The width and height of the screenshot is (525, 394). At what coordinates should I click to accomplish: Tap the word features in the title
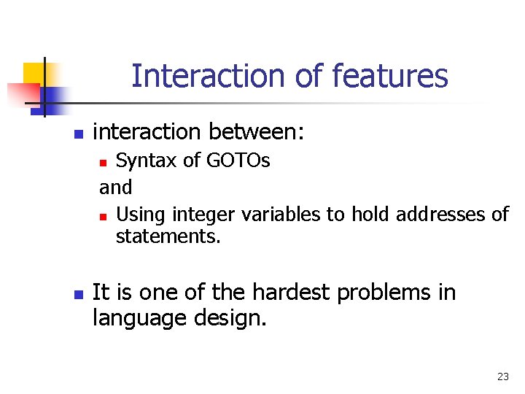click(x=390, y=75)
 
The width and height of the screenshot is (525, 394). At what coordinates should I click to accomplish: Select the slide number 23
click(x=503, y=376)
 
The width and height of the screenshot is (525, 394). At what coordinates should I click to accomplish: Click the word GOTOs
click(x=238, y=160)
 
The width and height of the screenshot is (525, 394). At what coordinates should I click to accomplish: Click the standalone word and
click(x=115, y=187)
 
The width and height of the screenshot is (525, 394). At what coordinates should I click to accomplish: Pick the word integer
click(x=203, y=215)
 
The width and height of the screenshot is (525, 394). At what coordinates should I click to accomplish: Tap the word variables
click(x=281, y=214)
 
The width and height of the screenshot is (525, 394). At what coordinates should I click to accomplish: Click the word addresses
click(x=440, y=214)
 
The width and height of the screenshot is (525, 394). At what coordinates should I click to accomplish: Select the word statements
click(x=168, y=236)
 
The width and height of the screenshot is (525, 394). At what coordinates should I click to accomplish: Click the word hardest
click(x=291, y=292)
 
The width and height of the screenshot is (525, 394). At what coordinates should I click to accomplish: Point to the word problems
click(x=384, y=293)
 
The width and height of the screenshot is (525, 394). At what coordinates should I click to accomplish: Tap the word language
click(x=139, y=319)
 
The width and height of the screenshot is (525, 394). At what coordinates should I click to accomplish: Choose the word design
click(x=230, y=319)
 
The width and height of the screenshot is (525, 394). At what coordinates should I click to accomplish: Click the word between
click(x=256, y=131)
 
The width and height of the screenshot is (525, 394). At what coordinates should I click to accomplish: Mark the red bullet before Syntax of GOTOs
click(x=103, y=163)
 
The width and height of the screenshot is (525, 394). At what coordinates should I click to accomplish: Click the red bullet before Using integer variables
click(x=103, y=217)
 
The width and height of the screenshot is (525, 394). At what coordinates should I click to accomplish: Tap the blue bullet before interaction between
click(x=79, y=134)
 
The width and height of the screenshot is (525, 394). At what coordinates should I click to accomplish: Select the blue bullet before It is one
click(x=79, y=295)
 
